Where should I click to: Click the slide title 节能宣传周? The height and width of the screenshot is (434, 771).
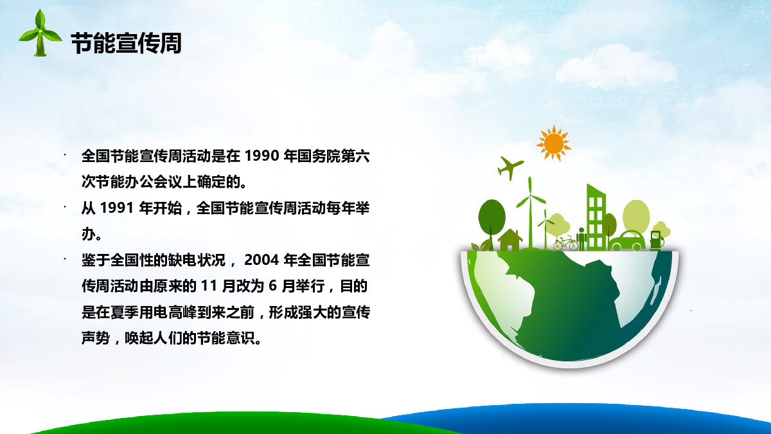[x=127, y=44]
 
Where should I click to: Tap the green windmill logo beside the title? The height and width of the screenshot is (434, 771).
[x=40, y=33]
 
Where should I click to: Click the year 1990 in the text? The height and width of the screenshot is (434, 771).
[x=261, y=156]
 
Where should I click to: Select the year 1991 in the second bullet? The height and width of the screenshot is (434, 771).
[x=117, y=208]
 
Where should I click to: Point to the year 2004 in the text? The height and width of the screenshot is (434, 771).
[x=261, y=260]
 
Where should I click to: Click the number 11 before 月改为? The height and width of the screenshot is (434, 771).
[x=209, y=286]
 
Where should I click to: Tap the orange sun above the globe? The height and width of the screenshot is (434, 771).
[x=553, y=143]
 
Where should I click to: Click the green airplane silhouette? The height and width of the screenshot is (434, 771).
[x=510, y=168]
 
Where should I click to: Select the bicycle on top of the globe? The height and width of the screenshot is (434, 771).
[x=566, y=243]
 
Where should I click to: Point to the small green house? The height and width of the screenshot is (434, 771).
[x=510, y=240]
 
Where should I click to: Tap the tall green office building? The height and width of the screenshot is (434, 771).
[x=596, y=217]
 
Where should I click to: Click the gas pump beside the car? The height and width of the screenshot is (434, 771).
[x=657, y=240]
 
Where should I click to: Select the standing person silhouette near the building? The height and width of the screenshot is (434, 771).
[x=581, y=239]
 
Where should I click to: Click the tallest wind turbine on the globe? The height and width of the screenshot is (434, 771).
[x=531, y=213]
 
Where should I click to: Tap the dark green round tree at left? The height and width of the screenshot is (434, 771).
[x=492, y=224]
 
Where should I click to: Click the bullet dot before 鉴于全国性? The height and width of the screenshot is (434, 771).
[x=65, y=259]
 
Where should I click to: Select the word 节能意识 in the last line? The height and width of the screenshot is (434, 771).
[x=226, y=338]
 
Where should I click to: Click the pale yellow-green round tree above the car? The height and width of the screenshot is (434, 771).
[x=636, y=215]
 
